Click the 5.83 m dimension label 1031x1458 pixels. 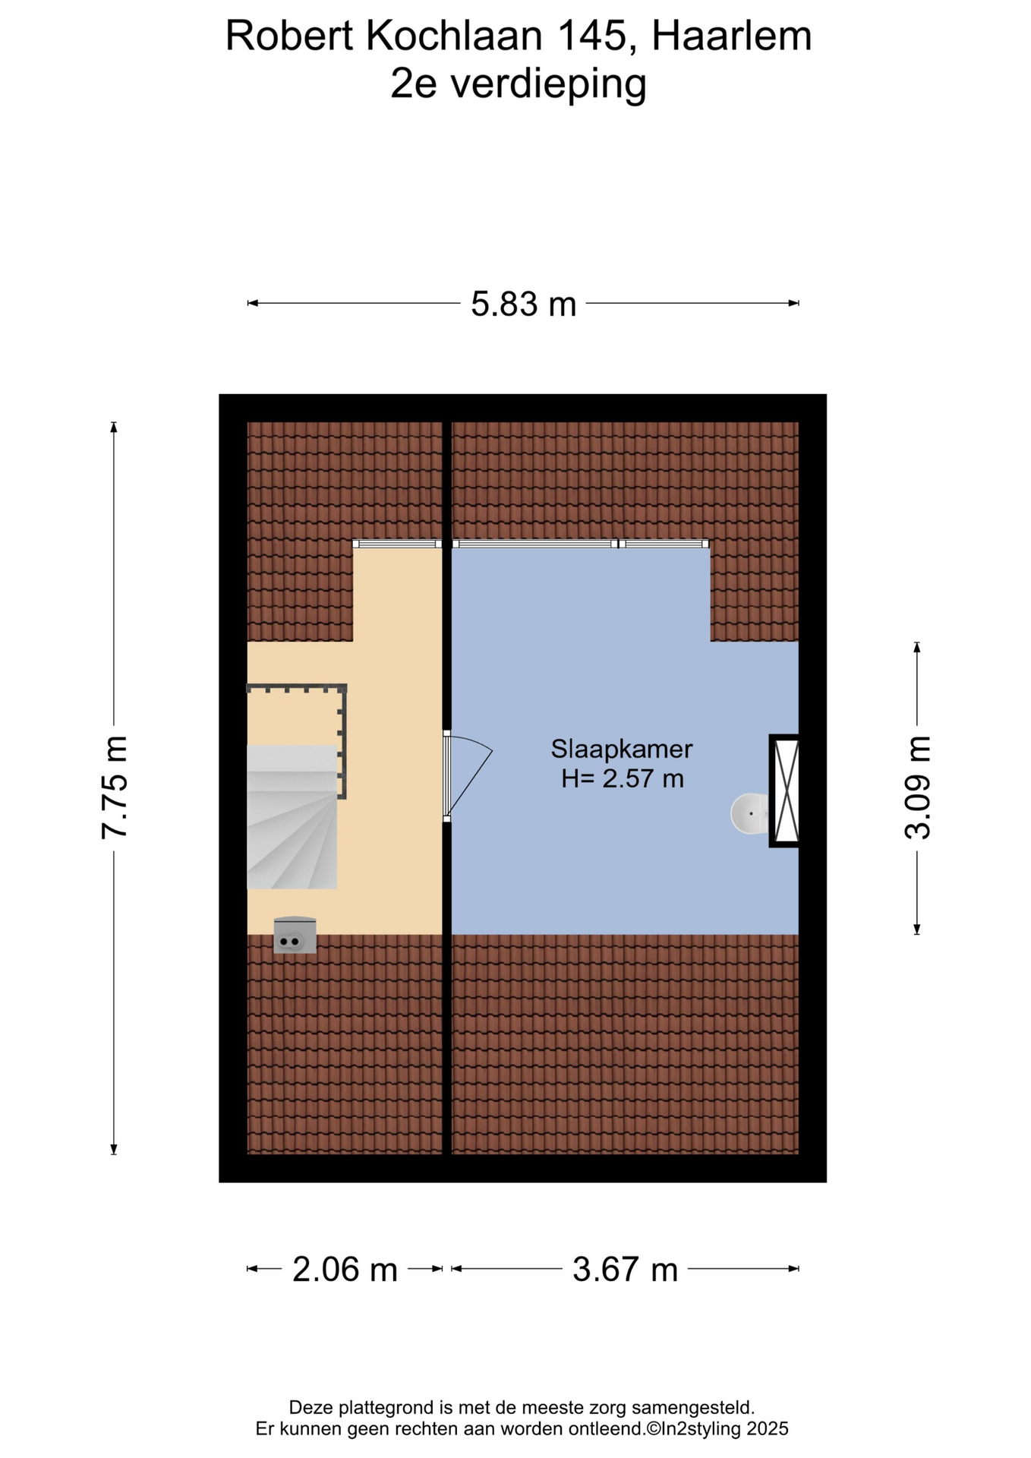click(x=523, y=304)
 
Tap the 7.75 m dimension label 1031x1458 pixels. click(x=115, y=787)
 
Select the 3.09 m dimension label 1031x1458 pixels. click(x=917, y=787)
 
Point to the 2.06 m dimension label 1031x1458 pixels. click(x=345, y=1269)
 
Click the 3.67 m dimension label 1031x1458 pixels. click(x=625, y=1269)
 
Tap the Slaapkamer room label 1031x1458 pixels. click(x=622, y=750)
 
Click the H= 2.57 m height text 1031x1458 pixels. click(x=623, y=778)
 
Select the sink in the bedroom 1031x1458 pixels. click(x=749, y=813)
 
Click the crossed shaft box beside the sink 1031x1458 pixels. click(x=784, y=791)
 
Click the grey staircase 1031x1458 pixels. click(x=292, y=816)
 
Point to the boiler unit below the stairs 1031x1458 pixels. click(x=295, y=935)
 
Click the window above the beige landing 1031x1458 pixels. click(x=397, y=544)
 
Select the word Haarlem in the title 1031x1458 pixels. click(x=732, y=36)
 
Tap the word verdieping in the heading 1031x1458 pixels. click(x=549, y=84)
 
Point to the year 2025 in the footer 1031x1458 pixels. click(x=768, y=1429)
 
